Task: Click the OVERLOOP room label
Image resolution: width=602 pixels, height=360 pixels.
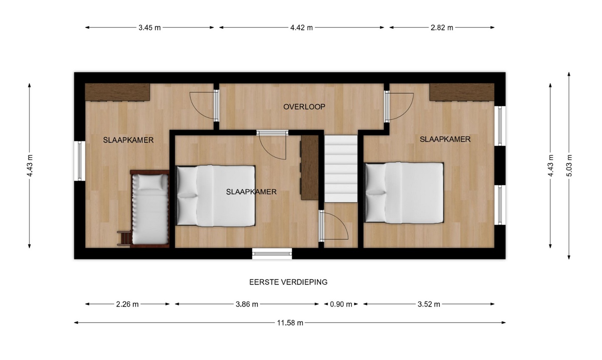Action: click(x=304, y=107)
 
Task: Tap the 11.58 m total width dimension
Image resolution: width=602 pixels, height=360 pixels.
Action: click(x=290, y=323)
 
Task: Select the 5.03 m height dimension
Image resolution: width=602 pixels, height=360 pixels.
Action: click(x=569, y=166)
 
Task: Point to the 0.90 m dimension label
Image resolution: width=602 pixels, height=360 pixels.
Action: click(x=341, y=304)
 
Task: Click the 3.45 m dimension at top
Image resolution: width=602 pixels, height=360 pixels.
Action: click(x=149, y=28)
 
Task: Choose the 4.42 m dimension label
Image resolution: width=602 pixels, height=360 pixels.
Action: click(x=302, y=28)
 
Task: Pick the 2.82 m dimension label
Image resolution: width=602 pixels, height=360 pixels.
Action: click(x=442, y=28)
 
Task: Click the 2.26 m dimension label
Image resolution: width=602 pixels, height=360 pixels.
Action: click(x=127, y=304)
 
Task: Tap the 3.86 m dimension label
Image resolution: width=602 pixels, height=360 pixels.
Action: click(x=247, y=304)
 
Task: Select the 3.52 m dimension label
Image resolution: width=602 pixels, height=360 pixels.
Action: click(x=429, y=304)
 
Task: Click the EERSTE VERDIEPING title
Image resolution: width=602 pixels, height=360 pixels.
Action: click(x=288, y=282)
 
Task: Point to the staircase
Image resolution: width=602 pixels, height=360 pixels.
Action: click(x=341, y=169)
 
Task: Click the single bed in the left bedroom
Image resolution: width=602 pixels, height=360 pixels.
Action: click(x=150, y=209)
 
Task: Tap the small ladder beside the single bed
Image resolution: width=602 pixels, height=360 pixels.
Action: click(x=124, y=238)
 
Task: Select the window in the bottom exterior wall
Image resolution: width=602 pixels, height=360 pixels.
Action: click(x=272, y=254)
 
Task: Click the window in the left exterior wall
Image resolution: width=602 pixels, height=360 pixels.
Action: click(x=80, y=161)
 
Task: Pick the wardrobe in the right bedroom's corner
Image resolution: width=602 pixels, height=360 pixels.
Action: click(x=462, y=92)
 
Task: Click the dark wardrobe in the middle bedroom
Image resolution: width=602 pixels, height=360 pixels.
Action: click(x=310, y=168)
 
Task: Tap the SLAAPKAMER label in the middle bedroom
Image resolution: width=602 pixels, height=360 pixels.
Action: click(x=251, y=192)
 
